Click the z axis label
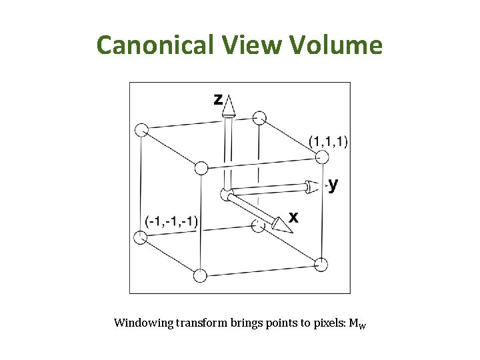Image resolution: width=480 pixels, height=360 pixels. [217, 99]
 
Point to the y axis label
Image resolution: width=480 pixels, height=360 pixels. [333, 184]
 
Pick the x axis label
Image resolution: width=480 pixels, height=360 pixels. [293, 217]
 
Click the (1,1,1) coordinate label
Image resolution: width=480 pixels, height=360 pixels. [328, 141]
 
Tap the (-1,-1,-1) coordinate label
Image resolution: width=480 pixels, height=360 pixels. [171, 221]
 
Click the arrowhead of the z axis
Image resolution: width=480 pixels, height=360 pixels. [229, 105]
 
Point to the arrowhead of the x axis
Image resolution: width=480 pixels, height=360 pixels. [281, 225]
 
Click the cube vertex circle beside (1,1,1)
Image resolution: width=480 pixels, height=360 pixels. [322, 157]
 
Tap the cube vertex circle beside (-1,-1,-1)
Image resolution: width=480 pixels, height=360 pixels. [140, 238]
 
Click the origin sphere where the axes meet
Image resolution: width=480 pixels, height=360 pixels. [227, 195]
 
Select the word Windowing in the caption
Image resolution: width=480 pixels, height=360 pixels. [143, 323]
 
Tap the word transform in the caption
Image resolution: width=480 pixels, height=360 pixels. [201, 323]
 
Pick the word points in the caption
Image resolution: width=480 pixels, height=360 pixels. [285, 323]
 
